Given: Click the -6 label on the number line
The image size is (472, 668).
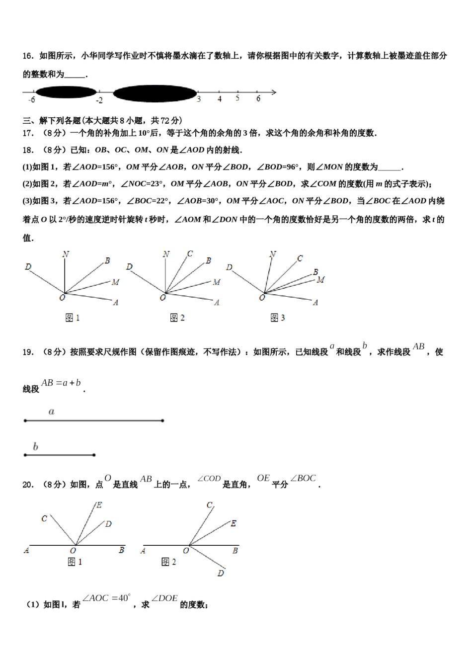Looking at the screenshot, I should point(32,100).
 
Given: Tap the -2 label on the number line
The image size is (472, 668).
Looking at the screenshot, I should point(99,100).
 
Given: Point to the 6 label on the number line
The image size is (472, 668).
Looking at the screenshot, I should point(258,99).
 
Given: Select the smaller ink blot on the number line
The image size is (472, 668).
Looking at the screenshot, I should point(66,91).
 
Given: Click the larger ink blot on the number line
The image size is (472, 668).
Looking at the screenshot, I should point(155,92).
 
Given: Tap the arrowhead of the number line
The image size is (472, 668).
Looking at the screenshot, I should point(273,92).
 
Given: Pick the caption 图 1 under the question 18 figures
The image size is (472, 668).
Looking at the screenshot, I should point(73,318).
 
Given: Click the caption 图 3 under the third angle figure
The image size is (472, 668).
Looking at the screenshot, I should point(277,318).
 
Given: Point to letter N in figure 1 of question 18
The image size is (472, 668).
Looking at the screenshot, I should point(65,254).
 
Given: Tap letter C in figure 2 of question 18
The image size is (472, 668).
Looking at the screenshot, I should point(190,254).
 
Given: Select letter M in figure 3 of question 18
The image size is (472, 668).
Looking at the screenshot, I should point(320,280).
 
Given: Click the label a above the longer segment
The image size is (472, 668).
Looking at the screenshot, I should point(51,412).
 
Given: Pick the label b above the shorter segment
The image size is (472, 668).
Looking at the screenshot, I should point(35,446).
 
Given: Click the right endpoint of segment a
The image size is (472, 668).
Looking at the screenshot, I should point(162,421).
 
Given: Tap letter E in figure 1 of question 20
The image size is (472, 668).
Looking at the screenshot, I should point(99,505).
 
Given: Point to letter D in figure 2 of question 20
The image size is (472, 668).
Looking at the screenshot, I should point(220,573).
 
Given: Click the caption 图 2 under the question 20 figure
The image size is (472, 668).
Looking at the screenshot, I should point(169,562).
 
